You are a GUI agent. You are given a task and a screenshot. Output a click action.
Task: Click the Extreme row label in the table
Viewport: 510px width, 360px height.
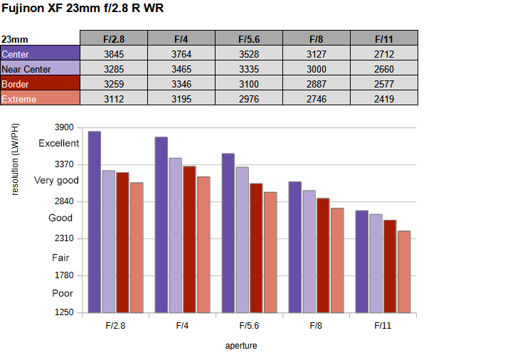pyautogui.click(x=40, y=99)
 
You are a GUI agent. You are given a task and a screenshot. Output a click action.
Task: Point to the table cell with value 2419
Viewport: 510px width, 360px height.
pyautogui.click(x=384, y=99)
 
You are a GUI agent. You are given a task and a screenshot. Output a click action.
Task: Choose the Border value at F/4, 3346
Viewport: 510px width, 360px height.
pyautogui.click(x=181, y=84)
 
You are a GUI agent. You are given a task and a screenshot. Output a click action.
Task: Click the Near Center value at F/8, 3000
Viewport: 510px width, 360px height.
pyautogui.click(x=317, y=69)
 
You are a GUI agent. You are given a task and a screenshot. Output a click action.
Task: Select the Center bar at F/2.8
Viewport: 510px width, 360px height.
pyautogui.click(x=94, y=221)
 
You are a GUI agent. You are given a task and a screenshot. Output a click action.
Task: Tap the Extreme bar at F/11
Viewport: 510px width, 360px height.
pyautogui.click(x=404, y=271)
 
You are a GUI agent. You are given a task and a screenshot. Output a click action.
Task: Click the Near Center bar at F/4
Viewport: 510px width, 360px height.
pyautogui.click(x=175, y=235)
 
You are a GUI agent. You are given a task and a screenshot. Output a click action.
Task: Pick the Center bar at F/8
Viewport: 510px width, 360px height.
pyautogui.click(x=294, y=247)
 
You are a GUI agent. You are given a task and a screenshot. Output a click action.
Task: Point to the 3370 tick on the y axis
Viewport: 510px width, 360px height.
pyautogui.click(x=64, y=164)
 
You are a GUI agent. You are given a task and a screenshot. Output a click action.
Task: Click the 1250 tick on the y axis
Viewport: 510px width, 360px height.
pyautogui.click(x=64, y=312)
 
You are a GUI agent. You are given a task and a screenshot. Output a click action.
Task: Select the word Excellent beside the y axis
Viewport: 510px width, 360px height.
pyautogui.click(x=59, y=143)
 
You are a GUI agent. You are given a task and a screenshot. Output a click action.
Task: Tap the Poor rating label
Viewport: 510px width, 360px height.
pyautogui.click(x=63, y=293)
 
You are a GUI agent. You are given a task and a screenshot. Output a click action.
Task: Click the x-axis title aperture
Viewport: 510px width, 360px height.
pyautogui.click(x=241, y=346)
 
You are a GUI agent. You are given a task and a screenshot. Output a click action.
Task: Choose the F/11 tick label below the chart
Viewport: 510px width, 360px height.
pyautogui.click(x=383, y=326)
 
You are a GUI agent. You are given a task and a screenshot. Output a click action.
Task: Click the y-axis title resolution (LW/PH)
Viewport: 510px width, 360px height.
pyautogui.click(x=16, y=159)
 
